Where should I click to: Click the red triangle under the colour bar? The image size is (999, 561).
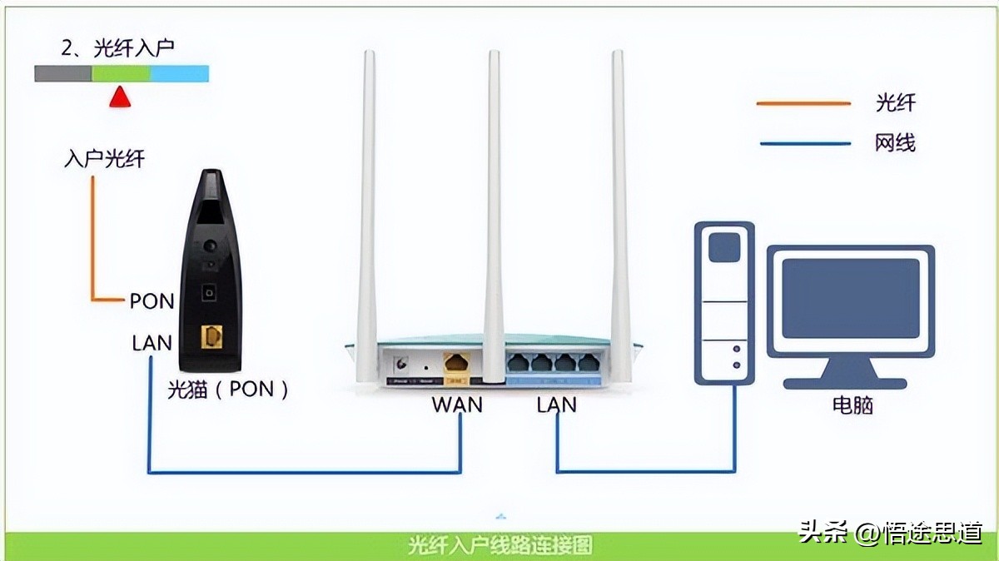coord(121,97)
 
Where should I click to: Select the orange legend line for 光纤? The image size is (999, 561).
coord(803,103)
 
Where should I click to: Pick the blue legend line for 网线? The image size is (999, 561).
coord(803,143)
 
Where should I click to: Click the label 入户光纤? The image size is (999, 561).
coord(104,158)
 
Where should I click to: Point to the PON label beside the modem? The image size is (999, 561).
coord(152,300)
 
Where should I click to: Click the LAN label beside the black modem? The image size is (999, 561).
coord(152,342)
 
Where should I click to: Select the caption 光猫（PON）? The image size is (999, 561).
coord(227,389)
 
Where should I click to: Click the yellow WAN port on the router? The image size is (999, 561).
coord(456,363)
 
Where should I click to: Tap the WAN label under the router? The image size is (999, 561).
coord(457,405)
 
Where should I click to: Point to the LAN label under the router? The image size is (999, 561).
coord(556,405)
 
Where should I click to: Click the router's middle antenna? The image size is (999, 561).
coord(495,208)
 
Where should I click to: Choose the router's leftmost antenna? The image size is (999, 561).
coord(367,208)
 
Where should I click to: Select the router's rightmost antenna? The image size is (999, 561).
coord(619,208)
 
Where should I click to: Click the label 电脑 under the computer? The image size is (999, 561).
coord(852,406)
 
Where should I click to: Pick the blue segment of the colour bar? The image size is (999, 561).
coord(179,74)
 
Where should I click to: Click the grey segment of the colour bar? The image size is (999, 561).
coord(62,74)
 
